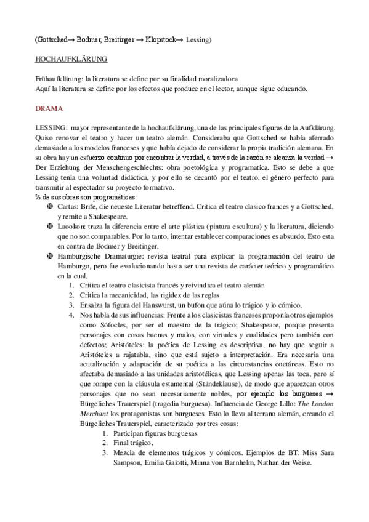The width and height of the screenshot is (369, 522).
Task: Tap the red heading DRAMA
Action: pos(49,108)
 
